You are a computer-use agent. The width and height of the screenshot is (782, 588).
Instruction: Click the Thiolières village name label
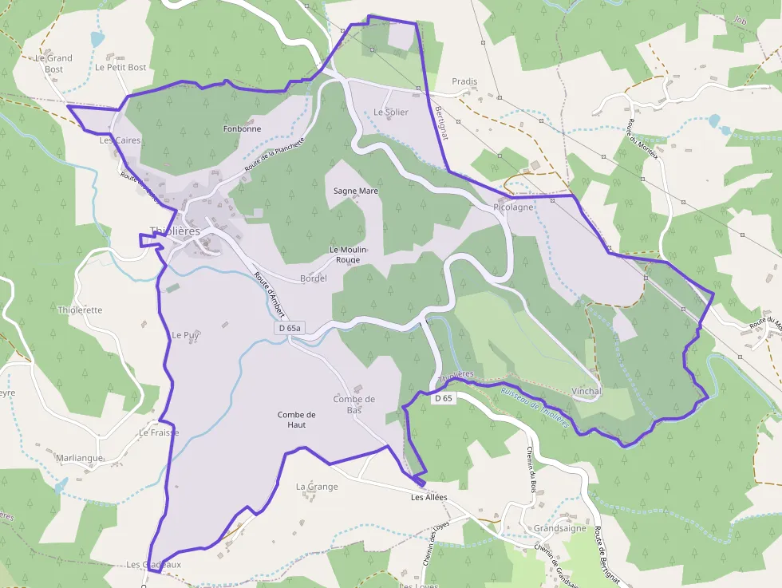pyautogui.click(x=174, y=231)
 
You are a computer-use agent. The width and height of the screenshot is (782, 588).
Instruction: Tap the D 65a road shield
pyautogui.click(x=290, y=328)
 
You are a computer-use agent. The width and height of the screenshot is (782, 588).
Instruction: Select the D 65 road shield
pyautogui.click(x=443, y=397)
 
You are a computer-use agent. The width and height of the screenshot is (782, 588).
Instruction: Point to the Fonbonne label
pyautogui.click(x=242, y=128)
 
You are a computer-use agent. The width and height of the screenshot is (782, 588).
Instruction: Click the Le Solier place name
pyautogui.click(x=391, y=112)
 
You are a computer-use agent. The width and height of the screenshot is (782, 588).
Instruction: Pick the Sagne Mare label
pyautogui.click(x=356, y=191)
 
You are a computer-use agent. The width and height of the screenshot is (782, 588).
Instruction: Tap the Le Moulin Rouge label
pyautogui.click(x=349, y=255)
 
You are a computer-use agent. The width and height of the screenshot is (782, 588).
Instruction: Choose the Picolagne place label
pyautogui.click(x=513, y=207)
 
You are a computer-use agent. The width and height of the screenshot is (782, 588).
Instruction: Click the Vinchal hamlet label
pyautogui.click(x=586, y=392)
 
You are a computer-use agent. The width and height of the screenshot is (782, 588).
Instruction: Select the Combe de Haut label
pyautogui.click(x=297, y=420)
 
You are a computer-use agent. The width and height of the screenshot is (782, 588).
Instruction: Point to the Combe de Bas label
pyautogui.click(x=354, y=404)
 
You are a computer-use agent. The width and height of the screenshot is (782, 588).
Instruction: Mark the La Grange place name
pyautogui.click(x=317, y=486)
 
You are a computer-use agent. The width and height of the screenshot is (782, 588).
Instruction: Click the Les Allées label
pyautogui.click(x=429, y=497)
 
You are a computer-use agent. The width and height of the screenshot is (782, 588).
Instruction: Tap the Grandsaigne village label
pyautogui.click(x=560, y=528)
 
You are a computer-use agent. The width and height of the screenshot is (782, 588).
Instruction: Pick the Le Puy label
pyautogui.click(x=185, y=335)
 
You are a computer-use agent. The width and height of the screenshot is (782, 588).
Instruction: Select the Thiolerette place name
pyautogui.click(x=80, y=310)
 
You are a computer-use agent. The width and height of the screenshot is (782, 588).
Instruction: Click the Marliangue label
pyautogui.click(x=80, y=458)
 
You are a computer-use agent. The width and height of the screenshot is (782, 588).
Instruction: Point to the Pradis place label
pyautogui.click(x=464, y=81)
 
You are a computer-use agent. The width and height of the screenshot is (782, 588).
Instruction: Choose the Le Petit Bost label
pyautogui.click(x=120, y=68)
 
